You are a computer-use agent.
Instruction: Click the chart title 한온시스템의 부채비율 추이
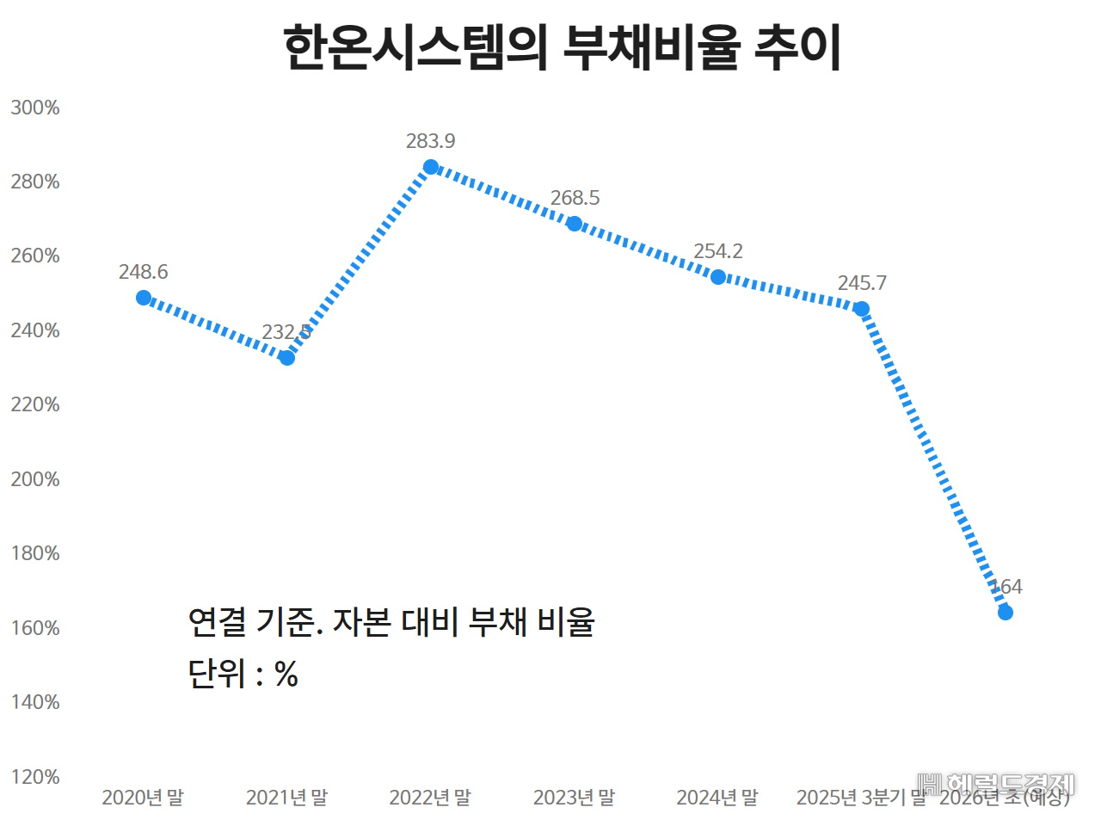coord(563,48)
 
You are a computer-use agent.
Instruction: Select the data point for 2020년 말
coord(144,298)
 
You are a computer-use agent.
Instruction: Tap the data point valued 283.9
coord(431,167)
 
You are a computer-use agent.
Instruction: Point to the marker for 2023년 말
coord(575,224)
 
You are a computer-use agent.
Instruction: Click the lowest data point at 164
coord(1005,612)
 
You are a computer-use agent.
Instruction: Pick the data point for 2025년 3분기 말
coord(861,309)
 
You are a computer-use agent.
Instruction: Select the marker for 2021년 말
coord(287,357)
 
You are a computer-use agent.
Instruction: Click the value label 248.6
coord(144,272)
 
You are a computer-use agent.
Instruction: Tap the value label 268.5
coord(575,198)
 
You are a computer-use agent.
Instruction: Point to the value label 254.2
coord(718,251)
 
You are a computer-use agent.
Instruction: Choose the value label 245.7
coord(861,283)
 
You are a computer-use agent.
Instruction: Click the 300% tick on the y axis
coord(35,108)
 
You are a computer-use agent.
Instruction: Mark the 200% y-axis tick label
coord(35,479)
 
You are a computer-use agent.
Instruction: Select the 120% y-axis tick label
coord(35,777)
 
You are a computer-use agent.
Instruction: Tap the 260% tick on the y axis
coord(35,256)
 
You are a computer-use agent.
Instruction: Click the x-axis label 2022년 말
coord(430,798)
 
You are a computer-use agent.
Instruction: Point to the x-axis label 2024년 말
coord(717,798)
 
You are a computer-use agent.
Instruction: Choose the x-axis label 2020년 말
coord(143,798)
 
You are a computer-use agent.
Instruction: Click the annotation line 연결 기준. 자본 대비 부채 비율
coord(391,621)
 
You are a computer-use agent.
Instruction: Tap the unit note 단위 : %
coord(243,674)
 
